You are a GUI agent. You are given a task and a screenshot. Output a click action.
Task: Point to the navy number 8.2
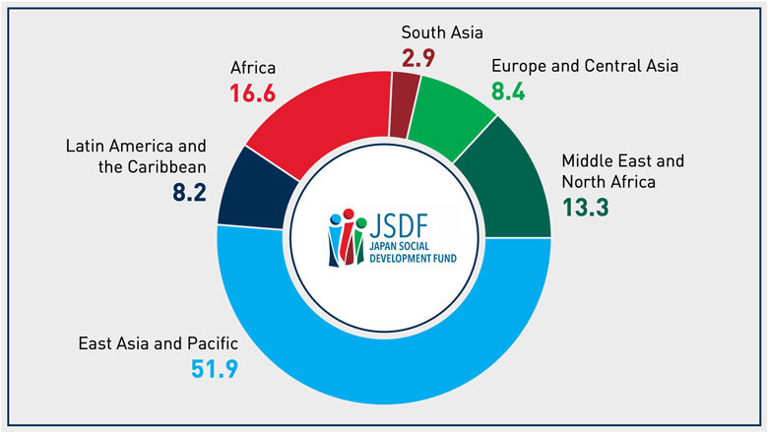click(188, 193)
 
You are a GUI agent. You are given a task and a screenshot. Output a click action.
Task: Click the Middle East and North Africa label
click(622, 170)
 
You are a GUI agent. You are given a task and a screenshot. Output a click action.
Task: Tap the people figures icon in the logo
click(347, 236)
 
